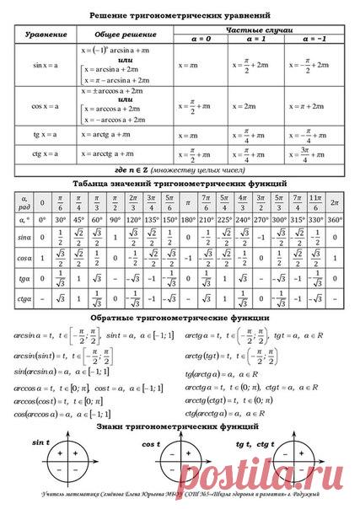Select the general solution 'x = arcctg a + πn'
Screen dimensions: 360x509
pos(109,154)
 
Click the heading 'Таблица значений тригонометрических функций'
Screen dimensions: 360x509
pos(180,182)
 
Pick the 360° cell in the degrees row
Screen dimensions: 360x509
pos(335,219)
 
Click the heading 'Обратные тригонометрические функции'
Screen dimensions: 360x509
pos(180,318)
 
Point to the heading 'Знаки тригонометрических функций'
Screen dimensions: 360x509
pos(180,428)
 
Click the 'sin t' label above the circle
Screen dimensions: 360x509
pos(40,442)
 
